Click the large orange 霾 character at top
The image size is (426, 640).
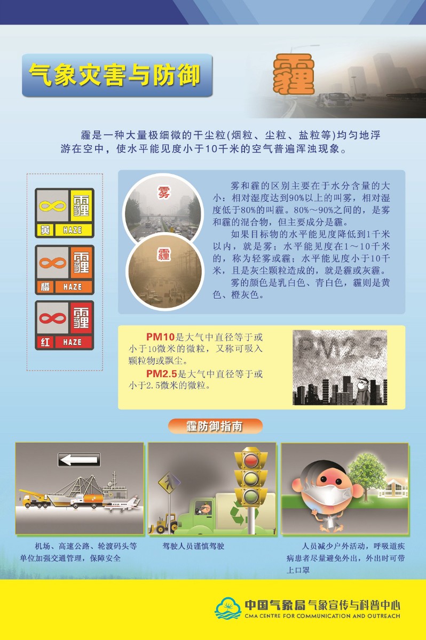coord(294,75)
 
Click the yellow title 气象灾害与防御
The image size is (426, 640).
coord(114,75)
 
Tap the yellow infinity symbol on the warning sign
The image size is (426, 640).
coord(53,206)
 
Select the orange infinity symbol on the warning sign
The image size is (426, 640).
coord(53,263)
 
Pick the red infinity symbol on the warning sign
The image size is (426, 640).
coord(53,318)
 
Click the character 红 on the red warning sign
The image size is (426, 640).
coord(45,342)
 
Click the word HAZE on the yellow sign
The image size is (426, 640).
coord(73,230)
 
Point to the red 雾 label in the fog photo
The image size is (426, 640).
coord(164,192)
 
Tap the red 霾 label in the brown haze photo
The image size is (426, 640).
coord(164,254)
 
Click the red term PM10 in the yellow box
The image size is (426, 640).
coord(160,337)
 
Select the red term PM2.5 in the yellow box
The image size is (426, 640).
coord(162,373)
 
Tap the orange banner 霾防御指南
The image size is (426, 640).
coord(215,426)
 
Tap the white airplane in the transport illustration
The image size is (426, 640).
coord(123,505)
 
